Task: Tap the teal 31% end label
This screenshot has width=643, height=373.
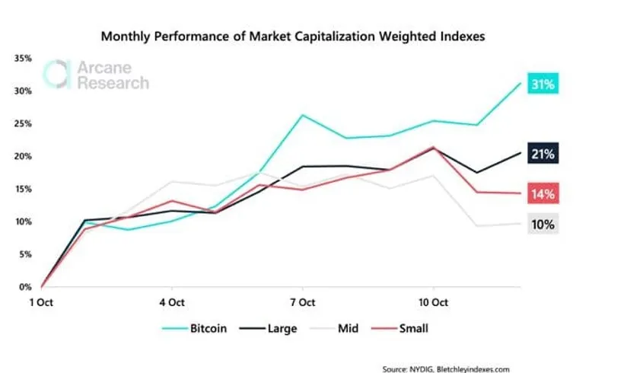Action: click(x=542, y=85)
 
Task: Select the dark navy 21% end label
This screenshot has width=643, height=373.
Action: click(x=542, y=155)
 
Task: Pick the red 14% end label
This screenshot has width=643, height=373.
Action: click(x=542, y=193)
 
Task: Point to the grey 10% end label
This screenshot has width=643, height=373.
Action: click(x=542, y=224)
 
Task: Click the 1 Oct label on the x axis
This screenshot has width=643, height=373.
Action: click(x=41, y=302)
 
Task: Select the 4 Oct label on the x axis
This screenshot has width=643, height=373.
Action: click(x=171, y=302)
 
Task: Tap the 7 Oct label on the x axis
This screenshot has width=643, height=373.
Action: click(x=303, y=302)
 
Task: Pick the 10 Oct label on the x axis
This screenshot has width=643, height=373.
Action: click(x=433, y=302)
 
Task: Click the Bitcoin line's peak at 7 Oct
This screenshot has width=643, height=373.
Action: click(x=303, y=115)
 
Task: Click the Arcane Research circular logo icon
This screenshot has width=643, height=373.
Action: click(x=58, y=74)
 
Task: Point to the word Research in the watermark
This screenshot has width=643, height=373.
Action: click(x=113, y=83)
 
